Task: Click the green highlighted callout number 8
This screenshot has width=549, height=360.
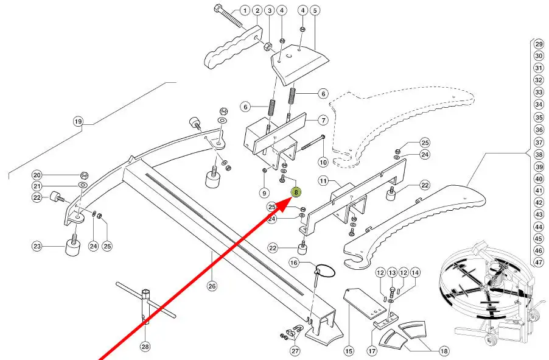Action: (x=296, y=193)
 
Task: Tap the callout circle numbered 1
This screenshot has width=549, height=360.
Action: (x=245, y=10)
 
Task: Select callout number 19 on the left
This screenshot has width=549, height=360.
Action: (x=78, y=121)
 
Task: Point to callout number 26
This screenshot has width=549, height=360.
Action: (x=212, y=286)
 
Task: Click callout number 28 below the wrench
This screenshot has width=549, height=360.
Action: (x=145, y=347)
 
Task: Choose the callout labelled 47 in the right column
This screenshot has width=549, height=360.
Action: (x=538, y=263)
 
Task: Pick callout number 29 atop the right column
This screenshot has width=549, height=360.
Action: (x=538, y=44)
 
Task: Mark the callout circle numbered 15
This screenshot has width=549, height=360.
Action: (x=349, y=351)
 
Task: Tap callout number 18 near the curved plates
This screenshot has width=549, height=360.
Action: (x=443, y=351)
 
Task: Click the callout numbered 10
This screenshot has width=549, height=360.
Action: (x=323, y=162)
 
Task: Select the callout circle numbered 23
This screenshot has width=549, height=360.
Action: (x=38, y=246)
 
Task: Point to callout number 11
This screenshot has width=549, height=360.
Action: (x=323, y=181)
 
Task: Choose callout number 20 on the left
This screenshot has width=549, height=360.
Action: (x=37, y=175)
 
